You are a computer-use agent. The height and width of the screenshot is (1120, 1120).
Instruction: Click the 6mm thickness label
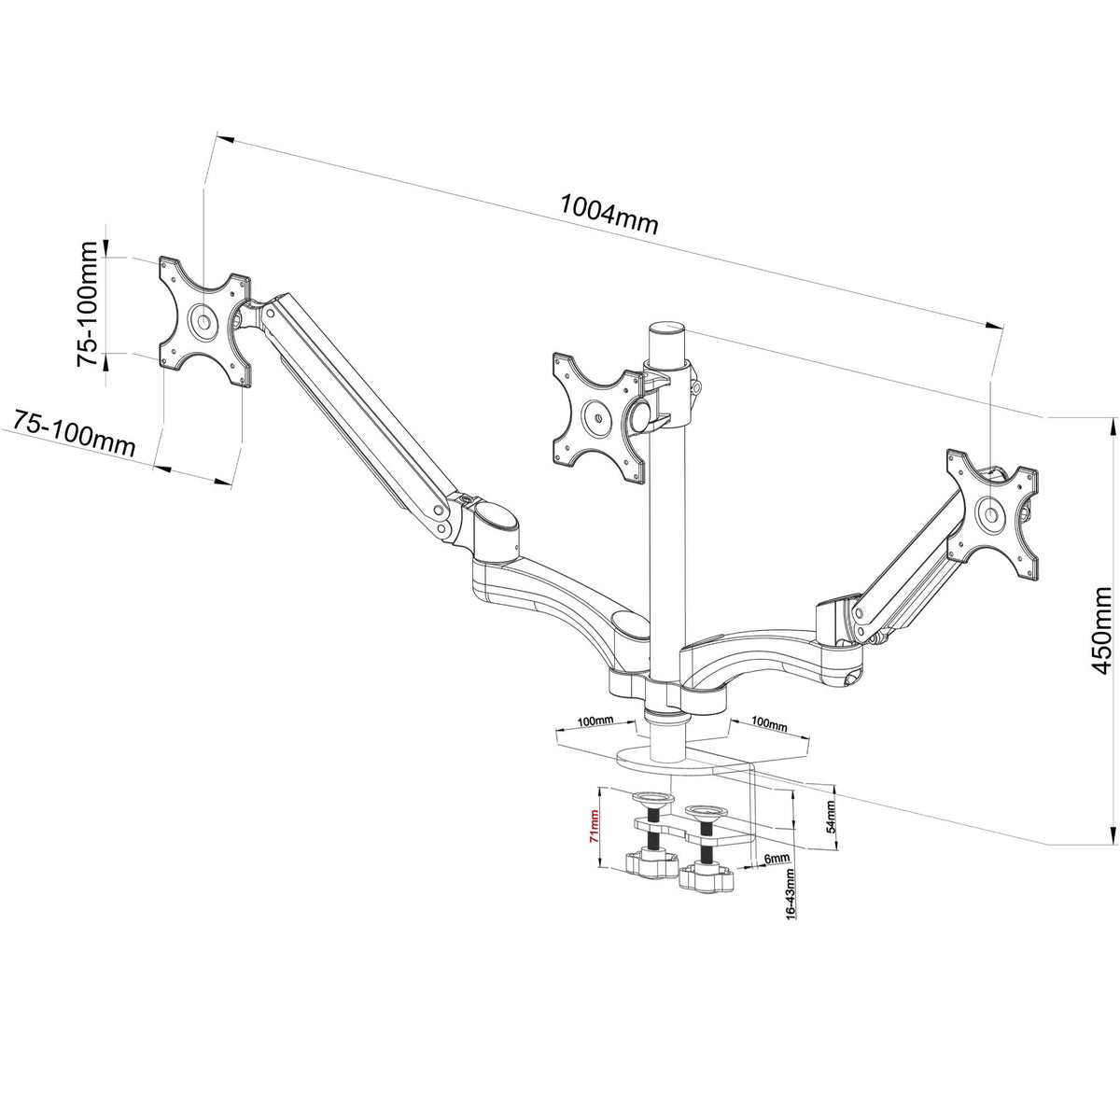(x=777, y=858)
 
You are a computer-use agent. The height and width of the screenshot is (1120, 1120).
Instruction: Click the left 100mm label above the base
(x=595, y=721)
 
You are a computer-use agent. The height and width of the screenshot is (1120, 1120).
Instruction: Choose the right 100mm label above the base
(x=769, y=723)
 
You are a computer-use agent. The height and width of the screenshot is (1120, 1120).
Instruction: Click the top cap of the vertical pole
(x=665, y=330)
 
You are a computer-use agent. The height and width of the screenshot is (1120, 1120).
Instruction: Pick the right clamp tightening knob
(x=707, y=876)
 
